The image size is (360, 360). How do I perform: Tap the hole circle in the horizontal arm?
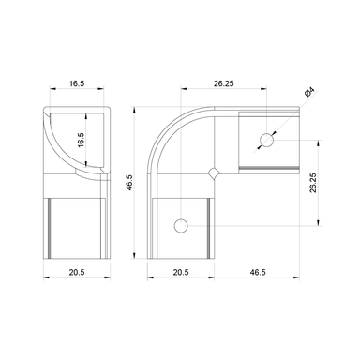[267, 141]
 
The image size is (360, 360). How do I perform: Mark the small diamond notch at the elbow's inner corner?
[216, 172]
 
